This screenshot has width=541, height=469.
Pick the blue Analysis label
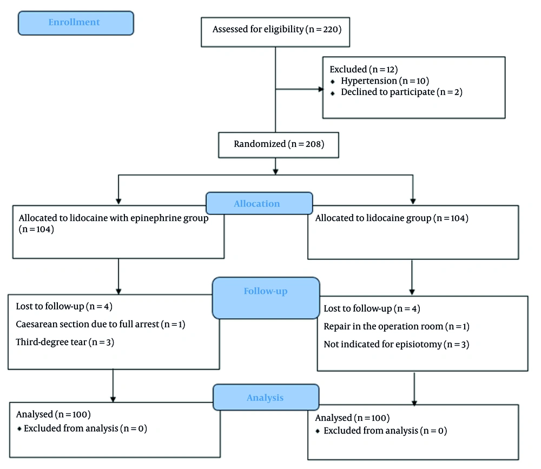tap(266, 397)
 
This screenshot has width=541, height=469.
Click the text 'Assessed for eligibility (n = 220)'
tap(276, 29)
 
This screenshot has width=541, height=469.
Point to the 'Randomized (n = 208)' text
tap(279, 144)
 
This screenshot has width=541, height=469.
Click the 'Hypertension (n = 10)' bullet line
tap(385, 81)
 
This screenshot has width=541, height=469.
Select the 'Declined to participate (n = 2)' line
tap(401, 92)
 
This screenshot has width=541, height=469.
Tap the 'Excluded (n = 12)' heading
tap(364, 70)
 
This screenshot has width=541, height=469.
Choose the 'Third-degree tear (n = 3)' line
tap(65, 342)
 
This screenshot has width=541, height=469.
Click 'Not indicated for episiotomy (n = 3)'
tap(396, 344)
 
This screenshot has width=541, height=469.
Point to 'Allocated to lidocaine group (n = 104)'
tap(392, 218)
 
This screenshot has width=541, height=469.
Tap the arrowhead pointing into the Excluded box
tap(321, 89)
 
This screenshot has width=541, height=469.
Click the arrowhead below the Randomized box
tap(275, 172)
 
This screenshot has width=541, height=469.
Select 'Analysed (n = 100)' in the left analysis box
tap(54, 414)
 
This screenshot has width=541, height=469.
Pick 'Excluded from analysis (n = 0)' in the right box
tap(385, 431)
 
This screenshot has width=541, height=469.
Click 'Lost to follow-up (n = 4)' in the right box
tap(372, 309)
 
